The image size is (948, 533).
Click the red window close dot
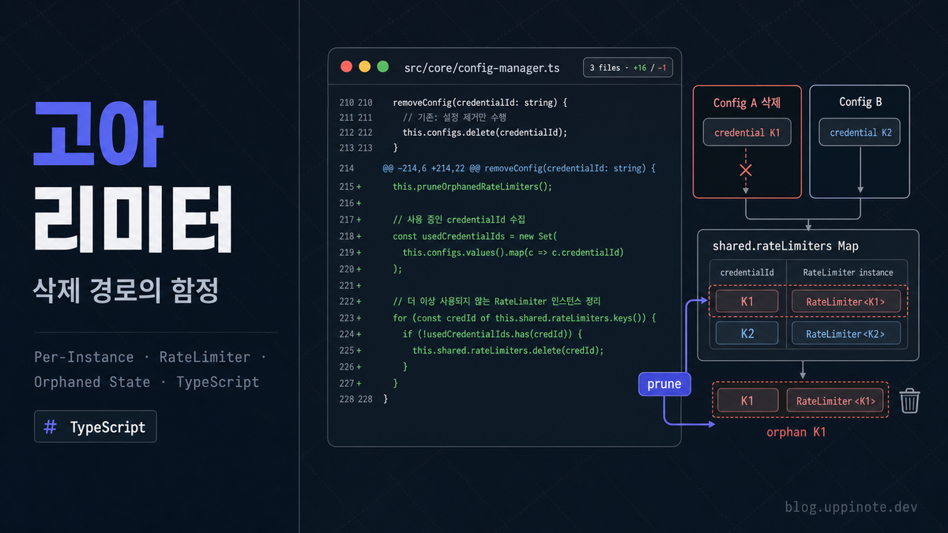point(346,67)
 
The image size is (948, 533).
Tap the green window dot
point(383,67)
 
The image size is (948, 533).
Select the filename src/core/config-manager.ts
point(482,68)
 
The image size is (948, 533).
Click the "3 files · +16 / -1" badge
point(627,67)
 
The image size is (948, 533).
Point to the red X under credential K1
point(746,170)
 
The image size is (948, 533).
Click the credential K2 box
point(860,132)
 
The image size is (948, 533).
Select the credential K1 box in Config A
point(747,132)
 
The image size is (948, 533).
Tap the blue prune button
point(664,384)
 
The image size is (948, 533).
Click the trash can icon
point(909,400)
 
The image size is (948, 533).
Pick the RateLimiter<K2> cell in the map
point(845,334)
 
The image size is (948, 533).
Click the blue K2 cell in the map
point(747,333)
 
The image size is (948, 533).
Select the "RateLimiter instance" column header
point(848,272)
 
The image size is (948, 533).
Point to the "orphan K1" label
point(796,432)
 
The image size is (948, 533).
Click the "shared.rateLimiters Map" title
point(785,246)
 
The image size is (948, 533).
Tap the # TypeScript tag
point(96,426)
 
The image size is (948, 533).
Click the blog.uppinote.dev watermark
point(851,507)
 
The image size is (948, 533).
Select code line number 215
point(347,186)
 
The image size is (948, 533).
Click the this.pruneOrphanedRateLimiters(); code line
point(472,186)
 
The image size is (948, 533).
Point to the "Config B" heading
point(860,102)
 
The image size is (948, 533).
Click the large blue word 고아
point(98,133)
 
